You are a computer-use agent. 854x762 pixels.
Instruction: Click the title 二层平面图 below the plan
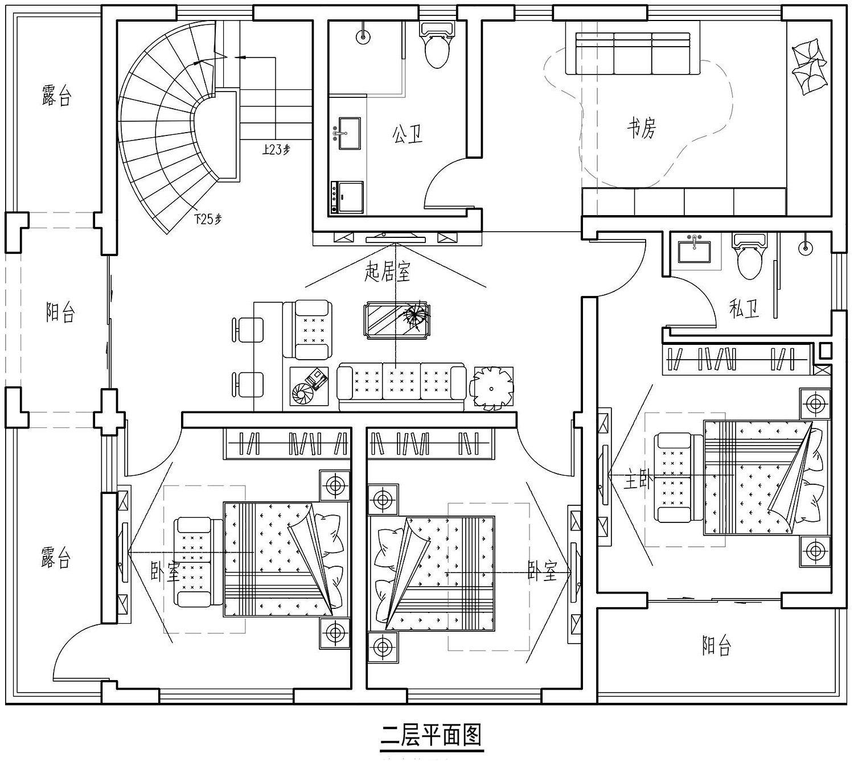pos(431,735)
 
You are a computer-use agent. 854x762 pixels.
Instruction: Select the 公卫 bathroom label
pos(407,134)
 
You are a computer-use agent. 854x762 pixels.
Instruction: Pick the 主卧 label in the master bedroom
pos(638,479)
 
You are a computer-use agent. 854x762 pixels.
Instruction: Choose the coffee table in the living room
pos(397,320)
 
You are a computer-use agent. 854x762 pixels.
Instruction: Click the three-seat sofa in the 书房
pos(633,53)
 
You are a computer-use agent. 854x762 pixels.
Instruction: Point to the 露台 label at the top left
pos(56,95)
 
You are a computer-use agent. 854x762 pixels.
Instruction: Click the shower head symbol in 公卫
pos(363,36)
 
